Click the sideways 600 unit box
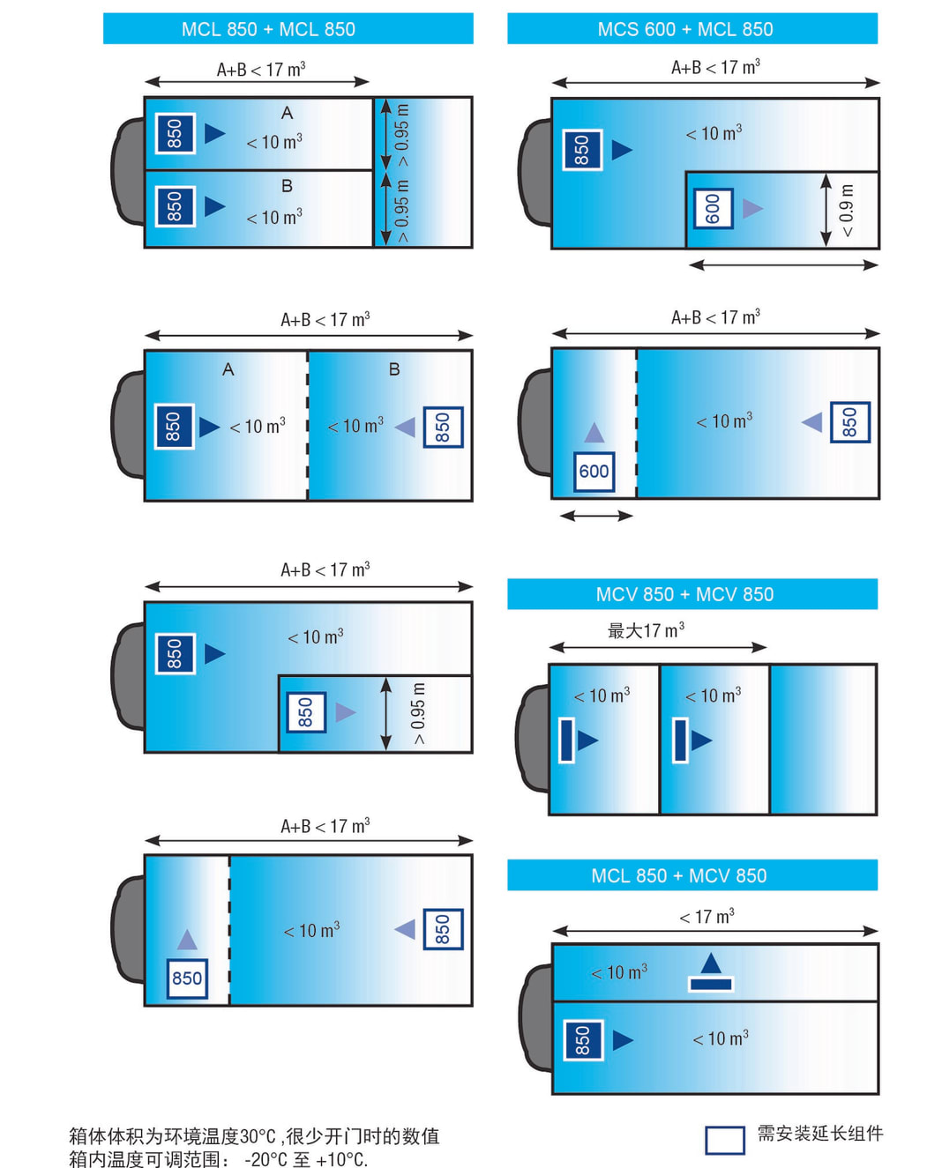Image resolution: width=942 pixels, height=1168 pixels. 713,209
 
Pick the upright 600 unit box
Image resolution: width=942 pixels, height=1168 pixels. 594,472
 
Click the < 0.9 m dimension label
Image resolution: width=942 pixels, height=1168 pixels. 847,211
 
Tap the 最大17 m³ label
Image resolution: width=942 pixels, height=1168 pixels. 646,630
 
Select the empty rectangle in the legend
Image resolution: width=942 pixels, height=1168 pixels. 724,1140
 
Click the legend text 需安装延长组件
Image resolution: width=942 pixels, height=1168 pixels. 819,1134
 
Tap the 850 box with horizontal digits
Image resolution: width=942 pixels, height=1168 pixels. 187,978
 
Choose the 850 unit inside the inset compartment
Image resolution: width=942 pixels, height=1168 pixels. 306,712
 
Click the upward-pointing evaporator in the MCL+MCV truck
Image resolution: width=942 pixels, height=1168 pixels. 711,972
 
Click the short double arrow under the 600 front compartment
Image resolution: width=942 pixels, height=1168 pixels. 596,516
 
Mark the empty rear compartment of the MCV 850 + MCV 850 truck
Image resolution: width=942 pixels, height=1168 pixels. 823,739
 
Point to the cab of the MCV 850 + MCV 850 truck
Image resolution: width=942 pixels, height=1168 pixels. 534,739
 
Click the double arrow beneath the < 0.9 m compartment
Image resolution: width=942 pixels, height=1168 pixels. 783,264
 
